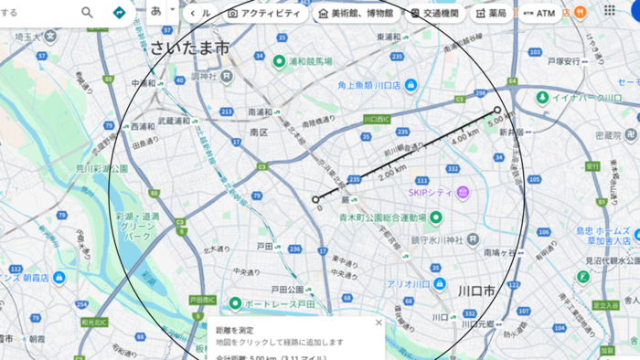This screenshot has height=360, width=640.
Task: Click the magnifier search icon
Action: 87,13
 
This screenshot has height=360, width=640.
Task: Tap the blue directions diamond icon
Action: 119,13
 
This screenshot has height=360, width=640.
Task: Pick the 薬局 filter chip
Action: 491,14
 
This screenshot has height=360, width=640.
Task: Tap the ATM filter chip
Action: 539,14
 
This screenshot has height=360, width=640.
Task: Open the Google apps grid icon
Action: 610,11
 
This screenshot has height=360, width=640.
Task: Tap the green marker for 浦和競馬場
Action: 279,61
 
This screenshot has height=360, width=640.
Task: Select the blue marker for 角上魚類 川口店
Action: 411,85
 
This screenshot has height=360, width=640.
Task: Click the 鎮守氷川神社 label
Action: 438,239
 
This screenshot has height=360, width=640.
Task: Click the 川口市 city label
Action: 476,291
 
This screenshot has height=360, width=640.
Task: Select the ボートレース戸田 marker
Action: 235,302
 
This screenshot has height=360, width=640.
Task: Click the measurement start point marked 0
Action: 315,199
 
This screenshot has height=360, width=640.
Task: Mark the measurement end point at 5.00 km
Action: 497,111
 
